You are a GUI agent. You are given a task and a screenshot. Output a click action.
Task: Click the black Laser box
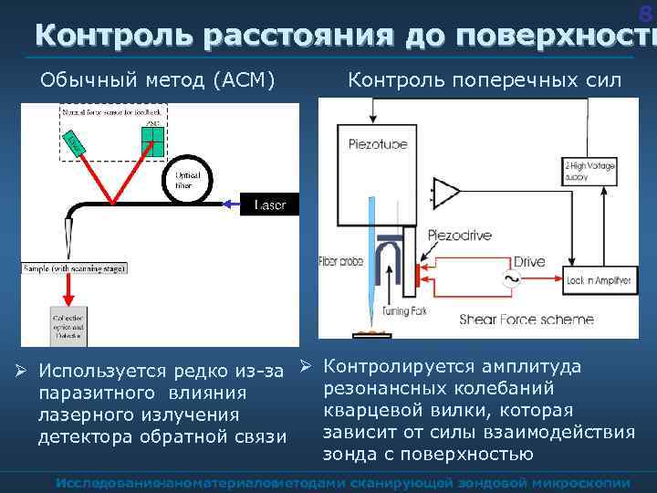(x=270, y=205)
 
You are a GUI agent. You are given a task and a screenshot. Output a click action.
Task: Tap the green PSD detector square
(x=152, y=140)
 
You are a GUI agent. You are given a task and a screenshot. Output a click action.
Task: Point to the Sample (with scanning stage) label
(x=76, y=269)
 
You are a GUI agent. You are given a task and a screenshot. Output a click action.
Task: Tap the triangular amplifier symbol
(x=447, y=193)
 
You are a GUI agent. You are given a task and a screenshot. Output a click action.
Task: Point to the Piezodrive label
(x=459, y=235)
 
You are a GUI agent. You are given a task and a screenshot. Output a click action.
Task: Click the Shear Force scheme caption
(x=527, y=320)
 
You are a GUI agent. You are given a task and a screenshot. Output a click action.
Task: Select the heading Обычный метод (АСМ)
(x=158, y=80)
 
